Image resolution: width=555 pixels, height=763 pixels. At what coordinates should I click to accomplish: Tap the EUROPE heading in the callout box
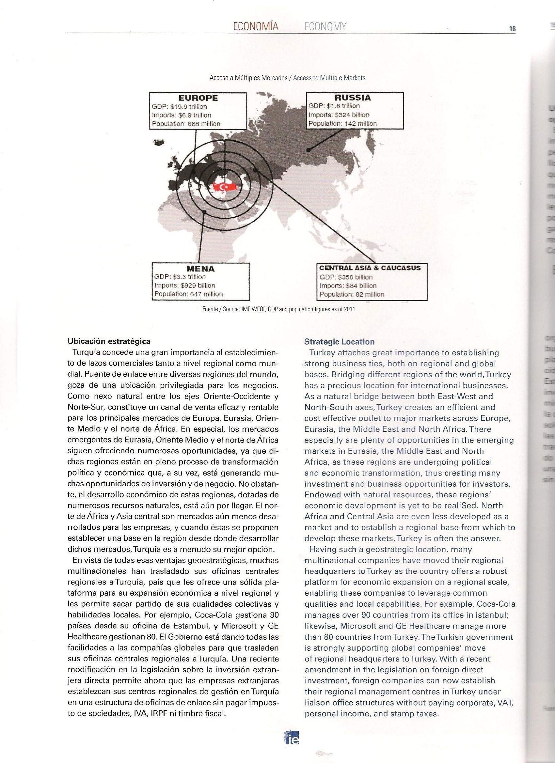point(198,98)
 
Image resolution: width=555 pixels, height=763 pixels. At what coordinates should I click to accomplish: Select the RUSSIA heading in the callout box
point(353,98)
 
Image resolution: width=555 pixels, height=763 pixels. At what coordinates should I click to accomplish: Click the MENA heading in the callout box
point(200,269)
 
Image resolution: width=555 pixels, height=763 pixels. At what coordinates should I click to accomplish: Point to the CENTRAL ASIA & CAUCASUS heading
point(370,268)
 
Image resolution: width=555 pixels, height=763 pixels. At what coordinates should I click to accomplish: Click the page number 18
point(512,29)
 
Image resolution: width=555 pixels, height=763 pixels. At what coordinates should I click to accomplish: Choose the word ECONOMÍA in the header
point(256,26)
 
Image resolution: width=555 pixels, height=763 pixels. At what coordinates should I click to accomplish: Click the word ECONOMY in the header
point(325,26)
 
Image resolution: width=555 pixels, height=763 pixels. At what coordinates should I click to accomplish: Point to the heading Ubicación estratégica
point(109,341)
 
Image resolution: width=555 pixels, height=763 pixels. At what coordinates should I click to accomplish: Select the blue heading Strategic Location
point(339,342)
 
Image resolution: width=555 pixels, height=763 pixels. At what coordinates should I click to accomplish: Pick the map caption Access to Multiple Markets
point(329,78)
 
